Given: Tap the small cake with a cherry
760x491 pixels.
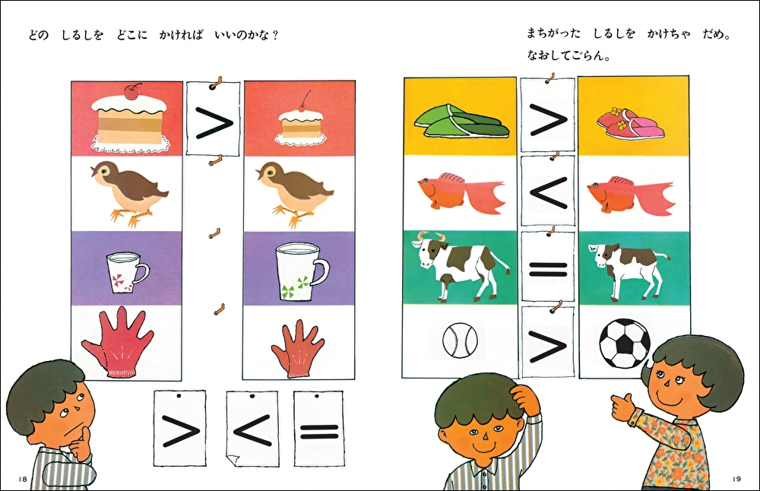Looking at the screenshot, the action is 299,125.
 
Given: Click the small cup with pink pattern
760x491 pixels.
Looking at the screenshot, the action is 127,274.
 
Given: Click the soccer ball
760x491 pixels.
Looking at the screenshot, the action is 624,343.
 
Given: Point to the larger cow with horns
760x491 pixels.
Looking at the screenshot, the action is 459,265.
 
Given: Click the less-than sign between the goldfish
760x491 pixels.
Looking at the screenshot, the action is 547,191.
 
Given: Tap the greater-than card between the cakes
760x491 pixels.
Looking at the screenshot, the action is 214,119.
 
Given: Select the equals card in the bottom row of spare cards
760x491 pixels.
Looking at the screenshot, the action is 319,429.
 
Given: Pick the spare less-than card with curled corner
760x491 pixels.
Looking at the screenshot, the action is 252,429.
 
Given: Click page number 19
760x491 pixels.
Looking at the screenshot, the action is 736,479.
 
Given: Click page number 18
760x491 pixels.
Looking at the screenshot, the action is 23,479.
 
